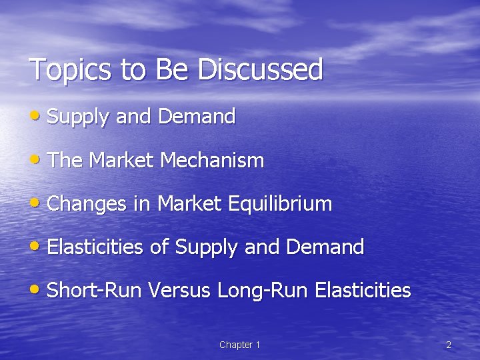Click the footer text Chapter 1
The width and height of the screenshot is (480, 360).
point(239,345)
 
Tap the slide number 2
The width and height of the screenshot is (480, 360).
point(448,345)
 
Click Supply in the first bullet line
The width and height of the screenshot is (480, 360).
point(77,117)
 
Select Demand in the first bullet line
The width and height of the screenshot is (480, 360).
point(197,117)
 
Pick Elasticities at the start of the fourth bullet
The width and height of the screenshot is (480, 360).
point(95,247)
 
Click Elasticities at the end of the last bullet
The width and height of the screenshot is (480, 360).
point(363,291)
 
